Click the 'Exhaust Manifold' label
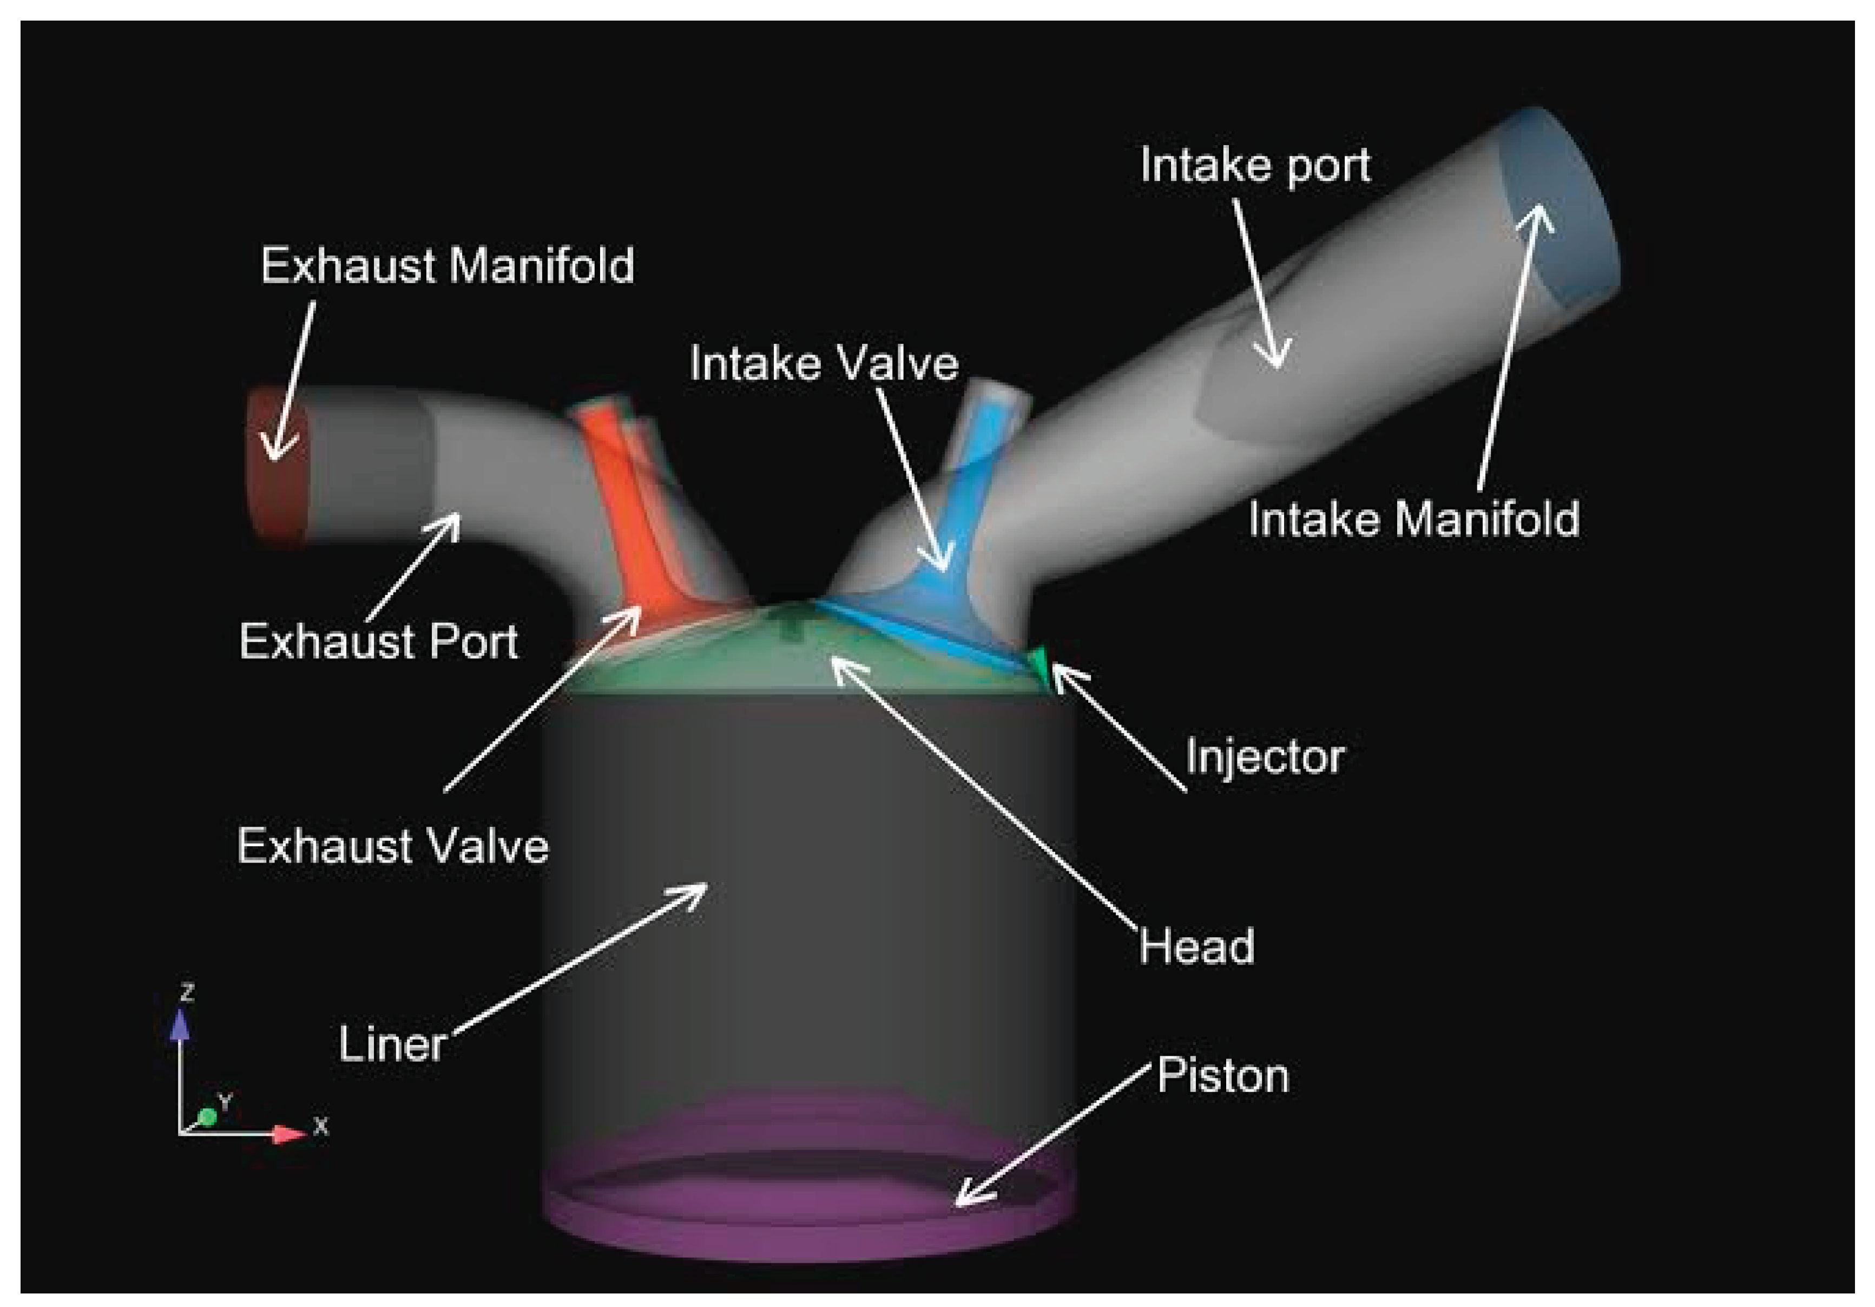point(447,266)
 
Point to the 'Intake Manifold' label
point(1413,520)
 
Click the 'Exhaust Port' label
point(378,642)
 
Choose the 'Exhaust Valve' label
point(392,846)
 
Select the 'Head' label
point(1196,947)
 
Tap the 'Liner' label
point(392,1045)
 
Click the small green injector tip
point(1040,660)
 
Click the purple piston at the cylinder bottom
point(808,1225)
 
